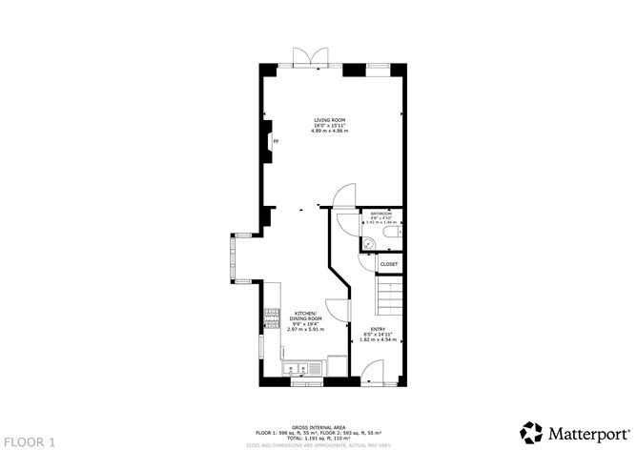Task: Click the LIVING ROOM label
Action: (x=330, y=121)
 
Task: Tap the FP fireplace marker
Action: (x=276, y=143)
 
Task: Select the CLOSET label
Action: (x=389, y=264)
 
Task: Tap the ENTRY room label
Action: (x=379, y=330)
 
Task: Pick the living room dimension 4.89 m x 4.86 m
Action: (x=330, y=131)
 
